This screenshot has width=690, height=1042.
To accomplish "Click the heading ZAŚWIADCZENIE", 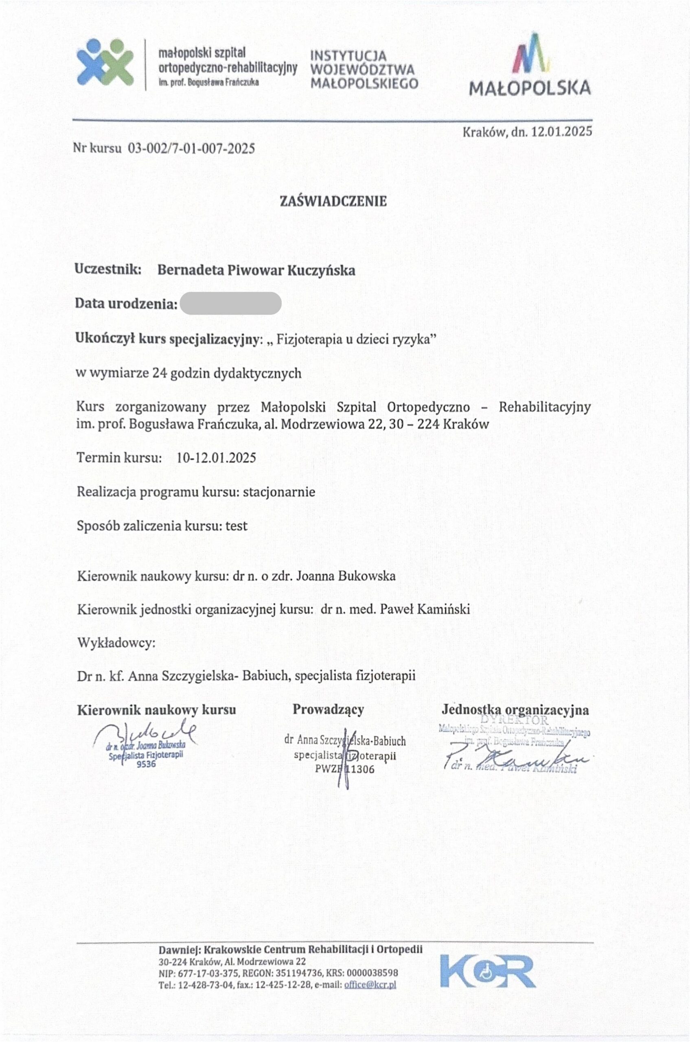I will click(333, 201).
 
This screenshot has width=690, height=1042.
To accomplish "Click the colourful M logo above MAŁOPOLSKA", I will click(532, 54).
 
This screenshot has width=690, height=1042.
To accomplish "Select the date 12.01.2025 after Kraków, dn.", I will click(561, 131).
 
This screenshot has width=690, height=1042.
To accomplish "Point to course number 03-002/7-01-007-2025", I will click(191, 148).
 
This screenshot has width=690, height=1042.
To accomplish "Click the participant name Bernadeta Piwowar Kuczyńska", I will click(256, 270).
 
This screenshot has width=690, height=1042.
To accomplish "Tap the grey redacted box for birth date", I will click(230, 304).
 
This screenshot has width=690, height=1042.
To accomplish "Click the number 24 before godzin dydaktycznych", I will click(159, 373).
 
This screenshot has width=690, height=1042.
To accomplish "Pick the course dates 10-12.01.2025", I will click(216, 458).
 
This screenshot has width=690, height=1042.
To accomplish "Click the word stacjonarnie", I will click(279, 492).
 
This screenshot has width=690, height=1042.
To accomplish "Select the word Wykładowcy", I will click(116, 642).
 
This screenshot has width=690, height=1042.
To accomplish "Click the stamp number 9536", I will click(146, 764).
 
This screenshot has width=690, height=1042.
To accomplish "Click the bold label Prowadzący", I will click(328, 709).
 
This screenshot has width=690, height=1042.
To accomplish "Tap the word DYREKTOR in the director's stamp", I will click(515, 720).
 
